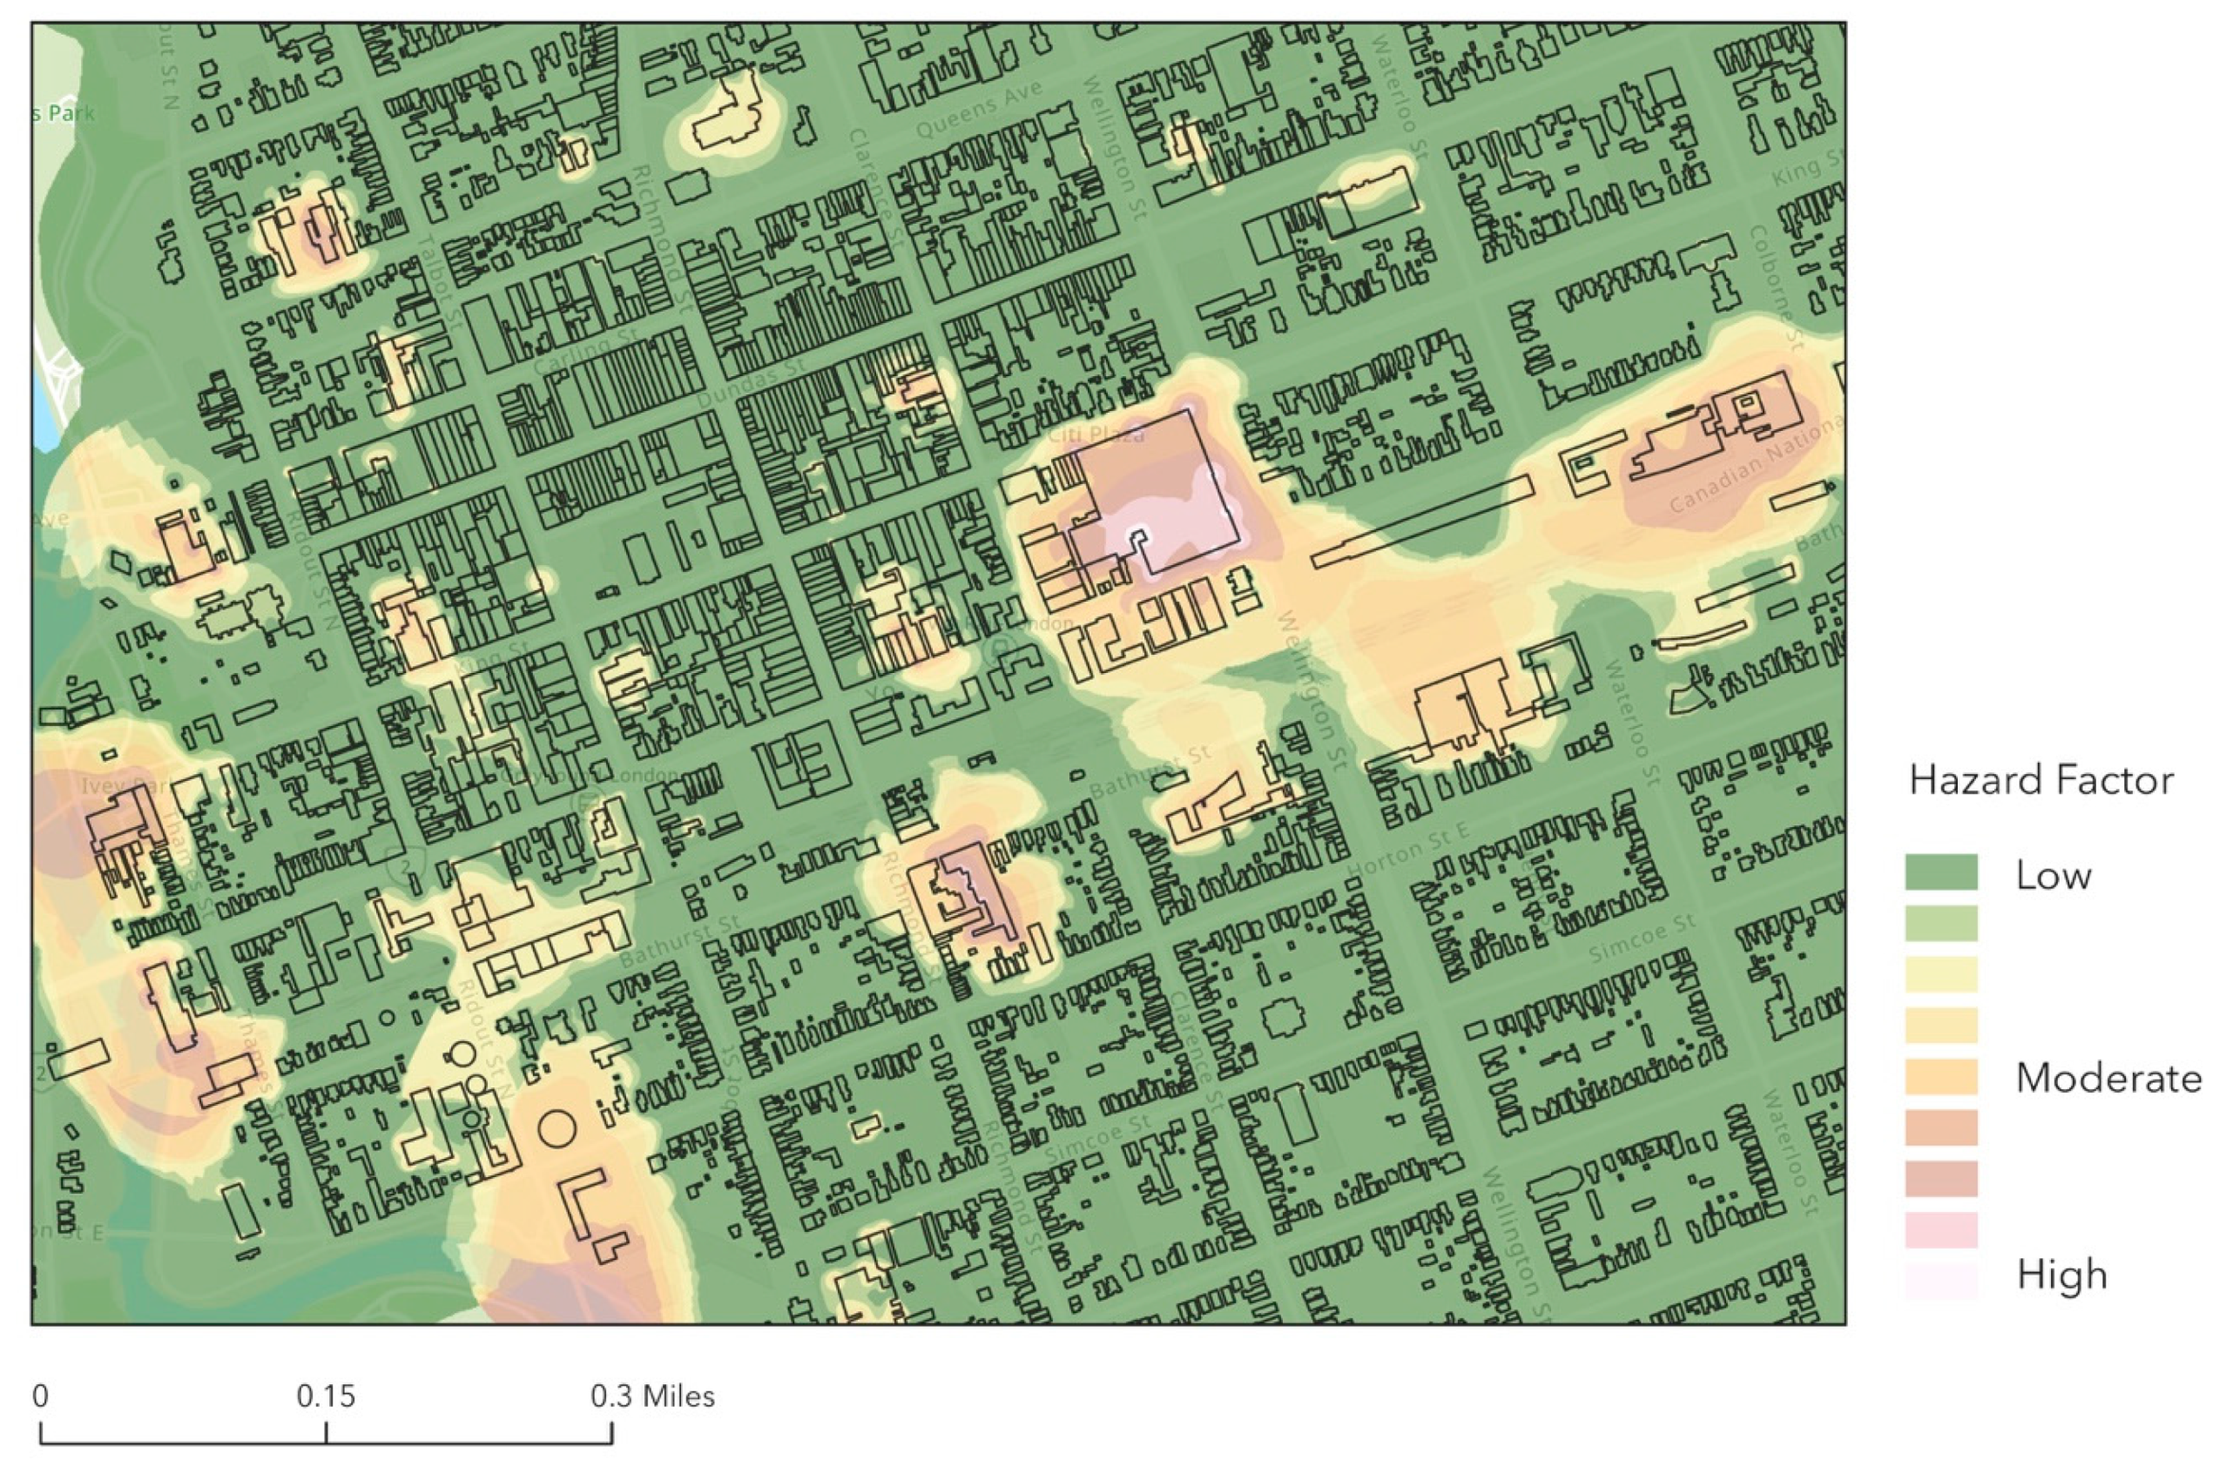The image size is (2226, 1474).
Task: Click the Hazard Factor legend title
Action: tap(2040, 780)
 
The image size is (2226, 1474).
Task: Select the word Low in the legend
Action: tap(2053, 875)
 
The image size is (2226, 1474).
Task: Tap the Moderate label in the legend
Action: tap(2108, 1077)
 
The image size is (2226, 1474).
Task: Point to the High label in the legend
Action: tap(2061, 1275)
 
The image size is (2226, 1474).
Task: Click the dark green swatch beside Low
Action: tap(1940, 872)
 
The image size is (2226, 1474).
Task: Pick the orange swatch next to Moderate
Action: tap(1940, 1076)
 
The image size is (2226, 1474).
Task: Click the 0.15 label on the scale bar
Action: tap(325, 1396)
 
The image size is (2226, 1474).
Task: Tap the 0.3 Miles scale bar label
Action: tap(652, 1396)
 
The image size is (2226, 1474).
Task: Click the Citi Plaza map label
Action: tap(1096, 434)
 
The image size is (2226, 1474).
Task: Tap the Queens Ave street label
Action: tap(978, 110)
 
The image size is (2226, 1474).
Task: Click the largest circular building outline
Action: tap(556, 1127)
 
